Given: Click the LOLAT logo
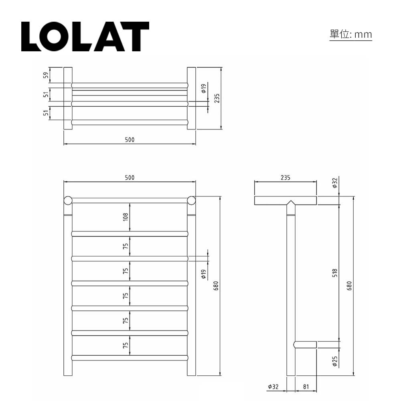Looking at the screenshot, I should (x=85, y=36).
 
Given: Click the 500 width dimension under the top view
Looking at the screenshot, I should (x=130, y=140).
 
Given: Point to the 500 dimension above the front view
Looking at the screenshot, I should (x=130, y=178).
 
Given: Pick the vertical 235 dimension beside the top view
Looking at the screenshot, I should (x=217, y=98).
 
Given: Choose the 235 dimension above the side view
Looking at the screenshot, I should (x=285, y=178).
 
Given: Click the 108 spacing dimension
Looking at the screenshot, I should (x=126, y=217).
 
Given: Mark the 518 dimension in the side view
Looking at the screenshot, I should (x=335, y=273).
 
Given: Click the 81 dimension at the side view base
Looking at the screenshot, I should (x=306, y=387).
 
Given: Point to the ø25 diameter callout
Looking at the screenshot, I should (x=335, y=362).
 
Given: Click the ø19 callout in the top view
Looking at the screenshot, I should (x=204, y=88).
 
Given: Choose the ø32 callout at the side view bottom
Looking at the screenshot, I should (x=273, y=387).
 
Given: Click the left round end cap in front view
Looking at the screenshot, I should (x=68, y=200).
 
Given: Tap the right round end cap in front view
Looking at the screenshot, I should (x=191, y=200).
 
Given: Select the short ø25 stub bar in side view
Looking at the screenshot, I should (x=306, y=344).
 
